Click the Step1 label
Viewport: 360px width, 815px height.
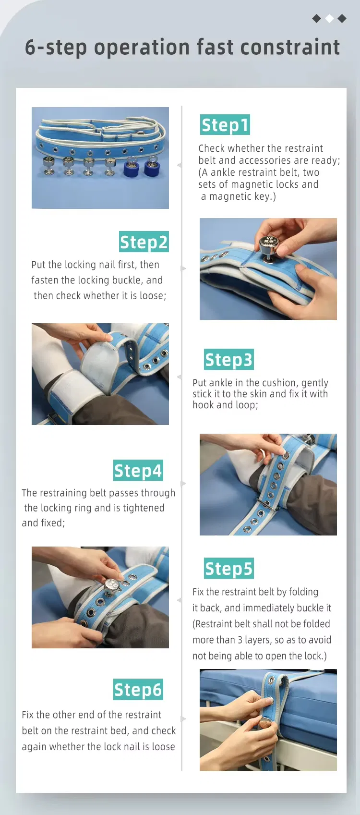[x=225, y=125]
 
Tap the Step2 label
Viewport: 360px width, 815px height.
[x=144, y=242]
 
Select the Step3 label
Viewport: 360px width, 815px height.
[x=229, y=359]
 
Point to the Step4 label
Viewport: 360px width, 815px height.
[x=138, y=471]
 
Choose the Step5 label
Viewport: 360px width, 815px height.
[x=229, y=568]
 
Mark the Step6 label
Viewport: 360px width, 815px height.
[x=138, y=689]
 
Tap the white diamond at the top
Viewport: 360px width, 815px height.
[x=329, y=18]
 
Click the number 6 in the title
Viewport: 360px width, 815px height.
[x=30, y=48]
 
